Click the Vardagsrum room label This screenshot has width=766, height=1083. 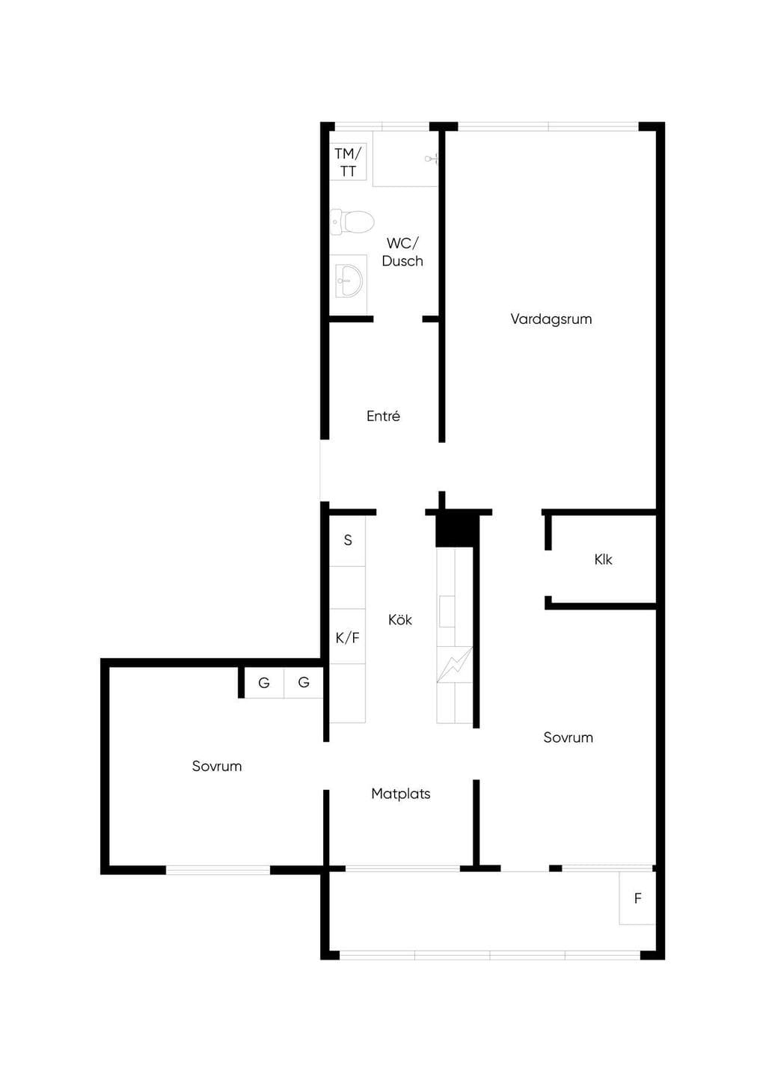click(x=551, y=319)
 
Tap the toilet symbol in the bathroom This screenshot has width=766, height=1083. click(x=352, y=222)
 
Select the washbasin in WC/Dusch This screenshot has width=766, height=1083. click(x=349, y=280)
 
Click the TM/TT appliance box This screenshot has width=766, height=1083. click(x=348, y=162)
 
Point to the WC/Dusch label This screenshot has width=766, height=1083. click(x=402, y=252)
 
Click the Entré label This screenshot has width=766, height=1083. click(x=383, y=416)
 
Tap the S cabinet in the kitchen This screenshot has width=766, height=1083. click(x=347, y=541)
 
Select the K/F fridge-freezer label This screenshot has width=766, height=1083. click(x=348, y=638)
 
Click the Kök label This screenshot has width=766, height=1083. click(x=400, y=619)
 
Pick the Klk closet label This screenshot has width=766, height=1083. click(x=603, y=559)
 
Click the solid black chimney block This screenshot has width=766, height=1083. click(x=457, y=531)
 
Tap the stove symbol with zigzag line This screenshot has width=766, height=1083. click(x=455, y=665)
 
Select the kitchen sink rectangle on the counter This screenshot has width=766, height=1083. click(x=447, y=612)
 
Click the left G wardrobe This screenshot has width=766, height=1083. click(x=264, y=683)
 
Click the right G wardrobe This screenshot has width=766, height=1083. click(x=303, y=683)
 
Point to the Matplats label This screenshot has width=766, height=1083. click(x=400, y=794)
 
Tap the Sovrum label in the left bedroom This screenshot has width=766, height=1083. click(x=217, y=766)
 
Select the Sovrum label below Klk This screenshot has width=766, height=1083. click(x=568, y=737)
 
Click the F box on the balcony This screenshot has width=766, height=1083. click(x=637, y=898)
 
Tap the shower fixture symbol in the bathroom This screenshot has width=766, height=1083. click(x=432, y=158)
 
